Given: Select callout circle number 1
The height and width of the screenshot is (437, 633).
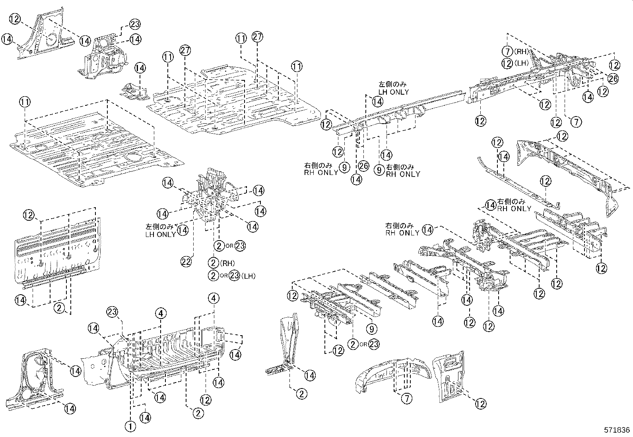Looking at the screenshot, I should click(131, 427).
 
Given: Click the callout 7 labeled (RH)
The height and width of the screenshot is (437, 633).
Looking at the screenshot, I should click(507, 51).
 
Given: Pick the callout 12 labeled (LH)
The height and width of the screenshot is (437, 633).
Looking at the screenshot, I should click(507, 63).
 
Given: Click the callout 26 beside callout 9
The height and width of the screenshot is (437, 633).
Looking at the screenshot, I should click(363, 166).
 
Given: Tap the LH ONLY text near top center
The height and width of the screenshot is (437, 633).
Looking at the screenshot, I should click(393, 92).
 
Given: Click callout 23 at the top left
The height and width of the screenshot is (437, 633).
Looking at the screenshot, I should click(135, 24).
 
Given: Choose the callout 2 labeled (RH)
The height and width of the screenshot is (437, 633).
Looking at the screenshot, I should click(214, 263).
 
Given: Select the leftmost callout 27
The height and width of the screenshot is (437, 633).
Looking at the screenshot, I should click(185, 50).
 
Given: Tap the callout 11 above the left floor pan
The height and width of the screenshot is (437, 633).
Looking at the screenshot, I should click(24, 102).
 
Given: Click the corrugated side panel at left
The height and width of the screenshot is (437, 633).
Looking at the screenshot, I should click(56, 251).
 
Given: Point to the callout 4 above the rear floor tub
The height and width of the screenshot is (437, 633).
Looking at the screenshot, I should click(161, 314).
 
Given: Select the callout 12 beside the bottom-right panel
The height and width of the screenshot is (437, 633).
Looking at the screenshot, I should click(481, 404).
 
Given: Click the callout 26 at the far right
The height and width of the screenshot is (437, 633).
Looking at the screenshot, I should click(614, 78).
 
